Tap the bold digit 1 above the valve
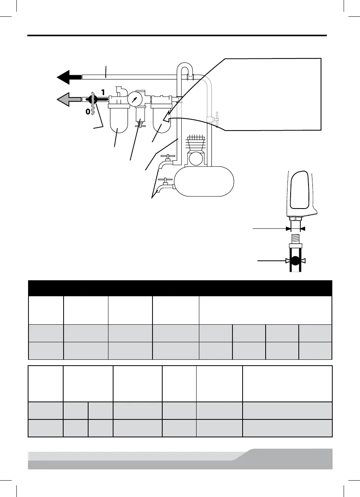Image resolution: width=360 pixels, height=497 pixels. coord(103,93)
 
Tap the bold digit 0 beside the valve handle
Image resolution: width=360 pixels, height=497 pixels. coord(88,112)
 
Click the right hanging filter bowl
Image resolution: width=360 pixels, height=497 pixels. coord(161,119)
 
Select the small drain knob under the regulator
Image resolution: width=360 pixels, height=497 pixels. coord(138,126)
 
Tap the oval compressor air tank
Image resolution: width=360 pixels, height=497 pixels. coord(204,181)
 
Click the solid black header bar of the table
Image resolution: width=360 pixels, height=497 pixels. coord(180,288)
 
